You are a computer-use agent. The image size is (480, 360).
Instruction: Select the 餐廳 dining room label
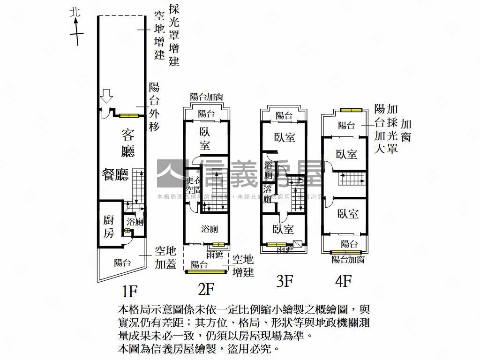tap(115, 174)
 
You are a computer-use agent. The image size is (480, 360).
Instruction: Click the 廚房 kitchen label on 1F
tap(109, 226)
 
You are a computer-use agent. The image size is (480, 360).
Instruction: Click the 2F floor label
tap(206, 290)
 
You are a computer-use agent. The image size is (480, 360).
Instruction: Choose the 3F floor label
tap(285, 281)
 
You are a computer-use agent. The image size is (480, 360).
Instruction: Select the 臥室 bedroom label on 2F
tap(205, 139)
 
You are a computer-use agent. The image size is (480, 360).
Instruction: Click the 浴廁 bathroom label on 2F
tap(209, 229)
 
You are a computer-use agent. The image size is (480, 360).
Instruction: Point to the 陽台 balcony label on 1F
tap(122, 263)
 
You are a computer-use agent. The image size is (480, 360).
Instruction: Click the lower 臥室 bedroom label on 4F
tap(348, 214)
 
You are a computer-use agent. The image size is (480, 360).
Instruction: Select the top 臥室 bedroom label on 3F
tap(285, 137)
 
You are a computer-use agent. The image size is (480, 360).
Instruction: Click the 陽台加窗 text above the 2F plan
tap(206, 97)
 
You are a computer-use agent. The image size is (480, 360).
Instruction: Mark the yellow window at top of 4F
tap(352, 110)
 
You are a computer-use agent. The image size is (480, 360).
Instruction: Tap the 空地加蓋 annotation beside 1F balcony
tap(165, 258)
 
